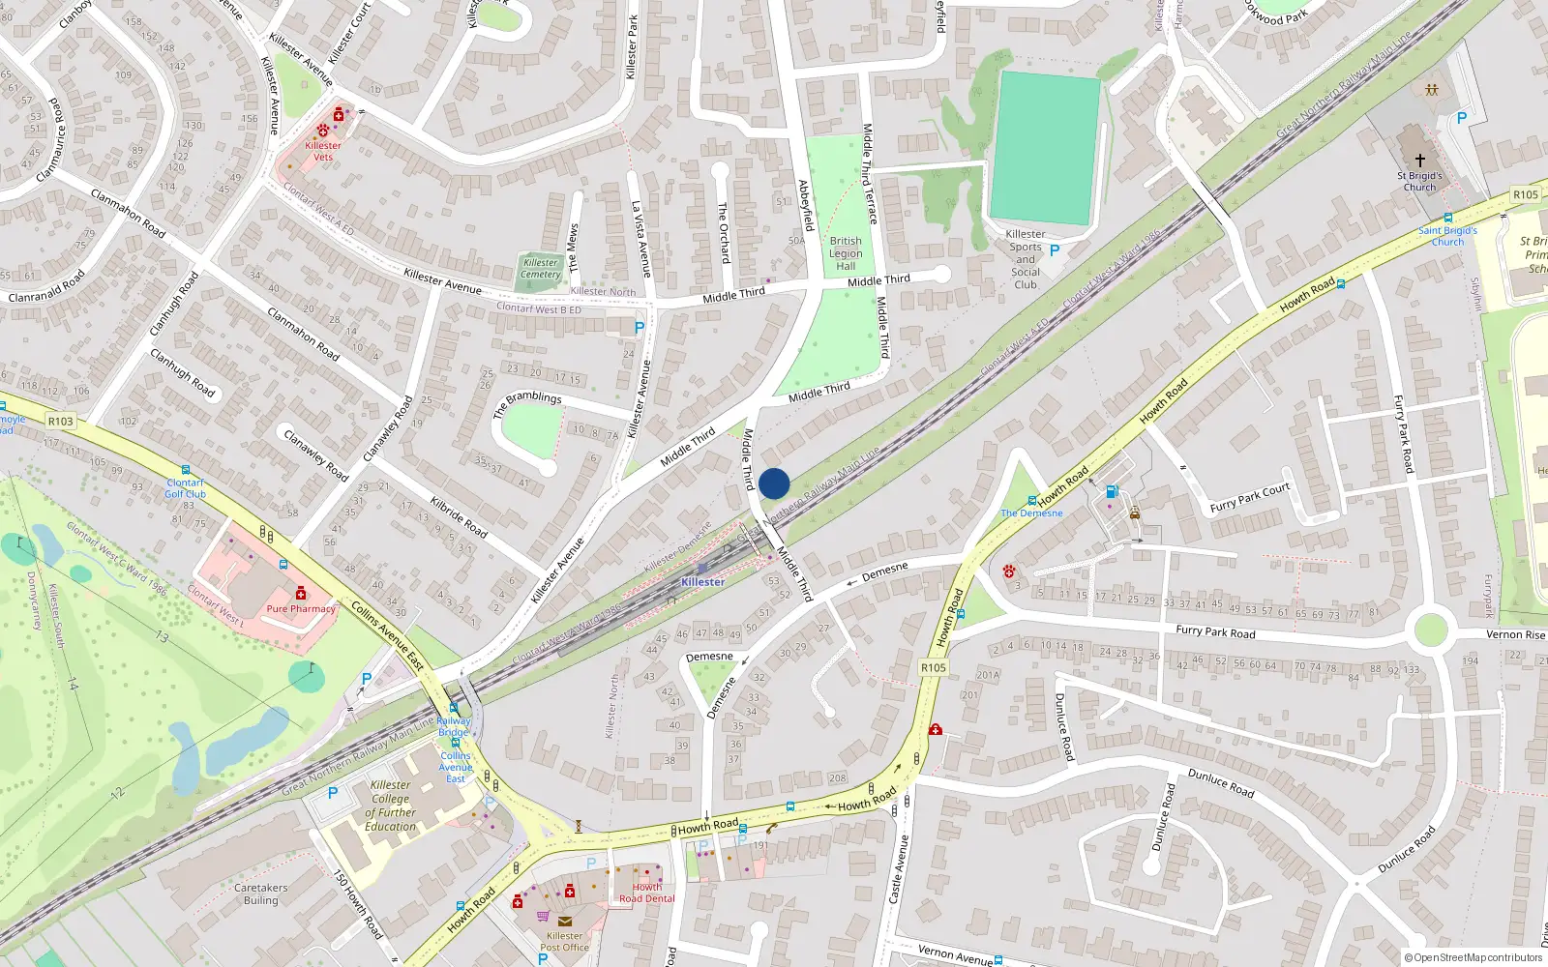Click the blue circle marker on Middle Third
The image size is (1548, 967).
coord(774,483)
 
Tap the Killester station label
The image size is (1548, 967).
coord(702,582)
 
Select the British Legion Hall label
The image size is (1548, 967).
coord(846,253)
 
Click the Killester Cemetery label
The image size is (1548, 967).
coord(540,268)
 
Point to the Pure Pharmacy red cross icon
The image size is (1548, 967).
coord(301,593)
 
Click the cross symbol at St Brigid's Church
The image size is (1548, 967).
coord(1419,160)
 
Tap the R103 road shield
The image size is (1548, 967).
coord(60,421)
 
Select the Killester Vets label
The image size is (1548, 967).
coord(323,151)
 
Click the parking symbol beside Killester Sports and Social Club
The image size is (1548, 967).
coord(1055,250)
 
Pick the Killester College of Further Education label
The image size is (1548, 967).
coord(391,806)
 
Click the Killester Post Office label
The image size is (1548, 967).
coord(564,941)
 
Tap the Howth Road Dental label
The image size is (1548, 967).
coord(647,893)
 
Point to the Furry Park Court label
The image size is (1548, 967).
coord(1249,497)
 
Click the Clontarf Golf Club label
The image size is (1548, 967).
coord(185,488)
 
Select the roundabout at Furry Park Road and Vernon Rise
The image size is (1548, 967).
coord(1430,631)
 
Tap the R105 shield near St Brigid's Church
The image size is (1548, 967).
coord(1526,194)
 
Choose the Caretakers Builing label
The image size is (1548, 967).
coord(260,894)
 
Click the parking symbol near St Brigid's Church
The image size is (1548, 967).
coord(1461,118)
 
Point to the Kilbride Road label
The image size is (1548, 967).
coord(459,516)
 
